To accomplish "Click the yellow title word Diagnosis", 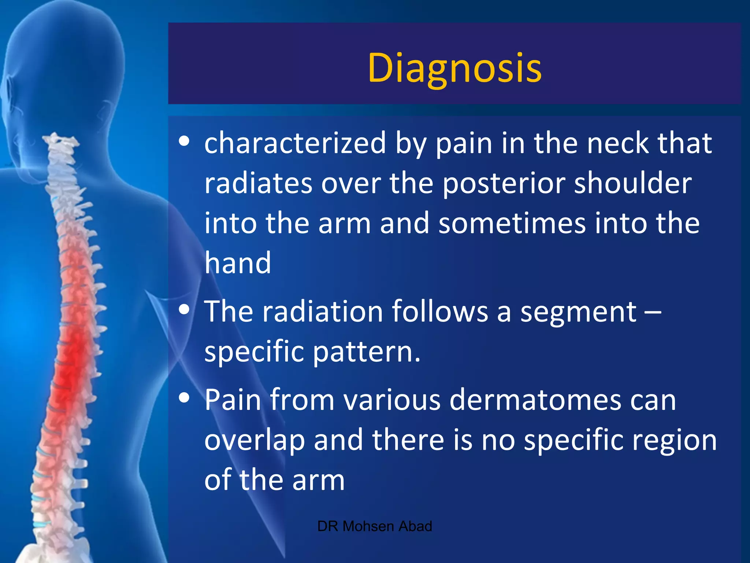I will coord(454,68).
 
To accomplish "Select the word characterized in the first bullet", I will coord(295,143).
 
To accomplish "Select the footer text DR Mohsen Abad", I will coord(375,526).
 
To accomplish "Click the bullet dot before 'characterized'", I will coord(184,141).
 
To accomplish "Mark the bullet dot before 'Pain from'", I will coord(184,398).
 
